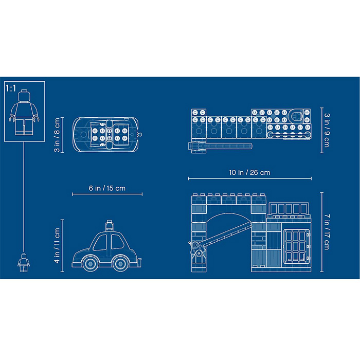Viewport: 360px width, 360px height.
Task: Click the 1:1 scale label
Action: tap(11, 88)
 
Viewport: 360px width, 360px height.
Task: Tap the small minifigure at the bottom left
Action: tap(24, 262)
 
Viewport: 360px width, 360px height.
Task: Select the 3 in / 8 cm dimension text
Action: tap(57, 135)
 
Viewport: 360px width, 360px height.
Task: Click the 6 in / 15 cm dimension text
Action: tap(107, 188)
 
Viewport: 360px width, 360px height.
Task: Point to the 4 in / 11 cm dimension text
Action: tap(57, 245)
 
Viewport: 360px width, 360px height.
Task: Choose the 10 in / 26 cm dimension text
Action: tap(250, 172)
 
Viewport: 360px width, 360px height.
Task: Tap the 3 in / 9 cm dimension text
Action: tap(327, 130)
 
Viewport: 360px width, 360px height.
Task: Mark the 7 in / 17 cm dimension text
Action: tap(327, 232)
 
